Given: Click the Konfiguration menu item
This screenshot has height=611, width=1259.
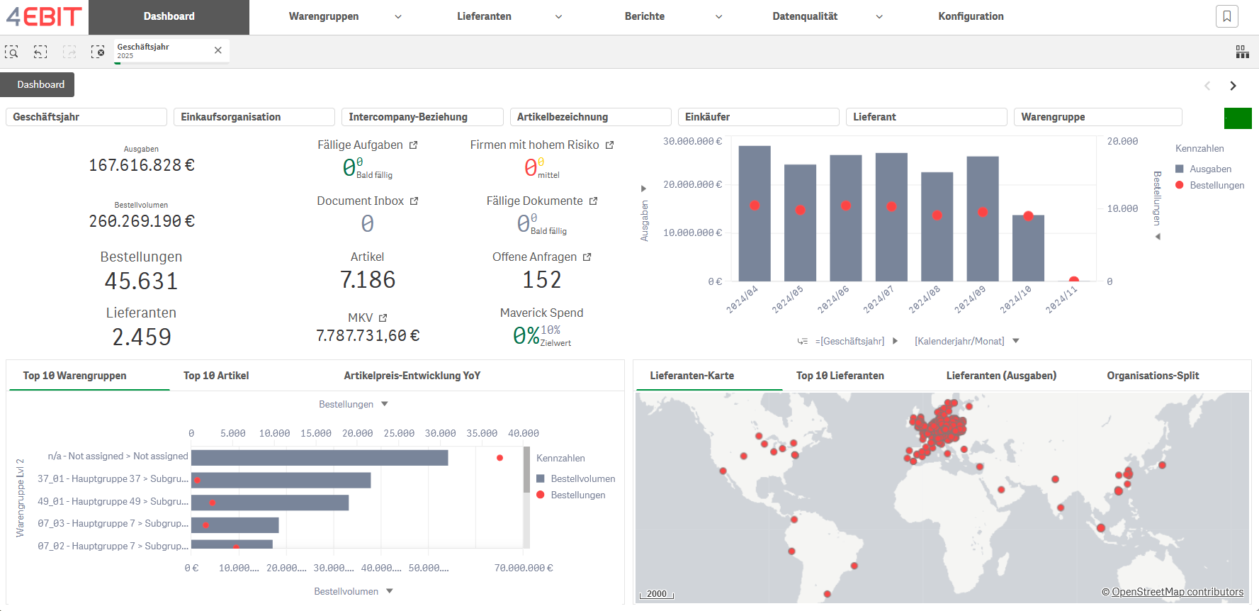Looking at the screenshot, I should click(970, 16).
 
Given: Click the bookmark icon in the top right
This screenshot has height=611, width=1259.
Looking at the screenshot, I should click(1226, 16).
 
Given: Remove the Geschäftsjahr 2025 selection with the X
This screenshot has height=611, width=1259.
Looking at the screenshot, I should click(218, 50).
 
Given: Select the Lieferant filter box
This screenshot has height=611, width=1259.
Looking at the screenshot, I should click(925, 117).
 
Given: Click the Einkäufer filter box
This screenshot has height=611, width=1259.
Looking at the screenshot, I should click(757, 117).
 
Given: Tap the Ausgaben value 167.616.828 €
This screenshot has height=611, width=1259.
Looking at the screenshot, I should click(142, 165).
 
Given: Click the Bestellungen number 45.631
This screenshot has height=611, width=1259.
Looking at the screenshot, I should click(141, 281).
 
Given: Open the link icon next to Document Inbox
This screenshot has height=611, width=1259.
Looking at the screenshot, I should click(414, 201).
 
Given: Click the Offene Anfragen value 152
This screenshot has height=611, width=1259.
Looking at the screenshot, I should click(541, 280).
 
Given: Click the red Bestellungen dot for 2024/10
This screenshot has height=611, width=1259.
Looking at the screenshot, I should click(1028, 216).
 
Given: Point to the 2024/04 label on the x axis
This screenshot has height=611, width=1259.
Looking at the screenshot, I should click(742, 299).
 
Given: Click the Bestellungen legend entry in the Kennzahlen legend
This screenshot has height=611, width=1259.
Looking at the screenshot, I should click(1216, 185).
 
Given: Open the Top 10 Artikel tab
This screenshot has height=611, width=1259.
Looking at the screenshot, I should click(216, 376).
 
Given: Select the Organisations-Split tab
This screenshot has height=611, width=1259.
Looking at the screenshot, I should click(1152, 376).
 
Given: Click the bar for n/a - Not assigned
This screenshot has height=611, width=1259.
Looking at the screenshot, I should click(319, 457).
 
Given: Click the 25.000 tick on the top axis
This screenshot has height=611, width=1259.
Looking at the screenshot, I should click(399, 433).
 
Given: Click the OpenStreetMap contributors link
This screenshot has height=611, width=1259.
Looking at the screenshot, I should click(1177, 592).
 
